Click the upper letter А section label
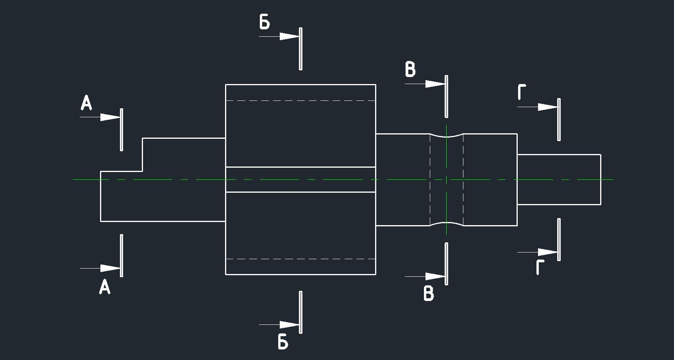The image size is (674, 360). click(x=86, y=103)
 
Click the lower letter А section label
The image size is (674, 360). click(x=105, y=287)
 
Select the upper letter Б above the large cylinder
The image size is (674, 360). click(x=265, y=22)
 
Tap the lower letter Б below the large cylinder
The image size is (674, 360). click(x=283, y=342)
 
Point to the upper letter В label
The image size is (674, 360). click(x=410, y=70)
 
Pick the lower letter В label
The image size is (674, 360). click(x=429, y=294)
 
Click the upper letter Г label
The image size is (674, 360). click(x=522, y=92)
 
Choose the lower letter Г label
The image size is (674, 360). click(x=540, y=267)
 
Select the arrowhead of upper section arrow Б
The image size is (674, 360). click(x=290, y=36)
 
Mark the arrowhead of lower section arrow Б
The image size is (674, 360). click(x=290, y=324)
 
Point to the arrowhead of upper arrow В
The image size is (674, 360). click(x=435, y=84)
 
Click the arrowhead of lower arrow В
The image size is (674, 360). click(x=435, y=276)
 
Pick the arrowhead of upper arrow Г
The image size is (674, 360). click(x=548, y=107)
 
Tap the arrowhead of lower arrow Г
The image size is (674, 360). click(x=548, y=253)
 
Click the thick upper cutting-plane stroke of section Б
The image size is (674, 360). click(x=300, y=49)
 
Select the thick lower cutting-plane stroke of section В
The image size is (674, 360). click(x=447, y=264)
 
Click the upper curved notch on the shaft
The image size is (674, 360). click(x=447, y=136)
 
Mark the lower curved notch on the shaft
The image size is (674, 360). click(x=447, y=224)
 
